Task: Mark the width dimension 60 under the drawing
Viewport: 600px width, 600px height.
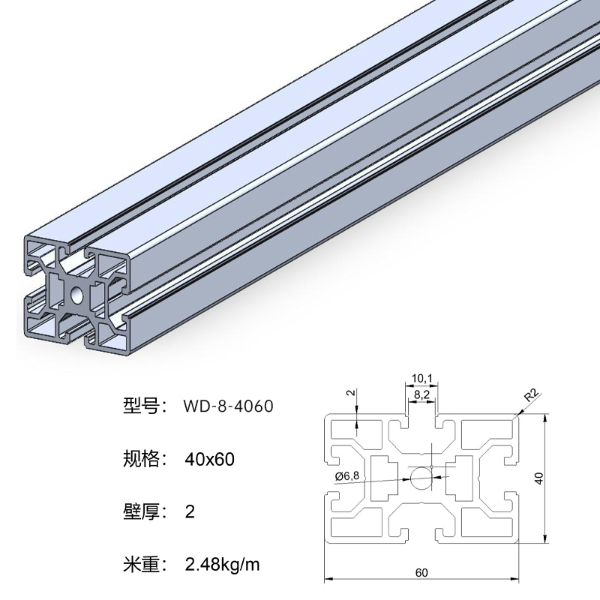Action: pos(421,572)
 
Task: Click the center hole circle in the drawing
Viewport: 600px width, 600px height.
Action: pos(421,476)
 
